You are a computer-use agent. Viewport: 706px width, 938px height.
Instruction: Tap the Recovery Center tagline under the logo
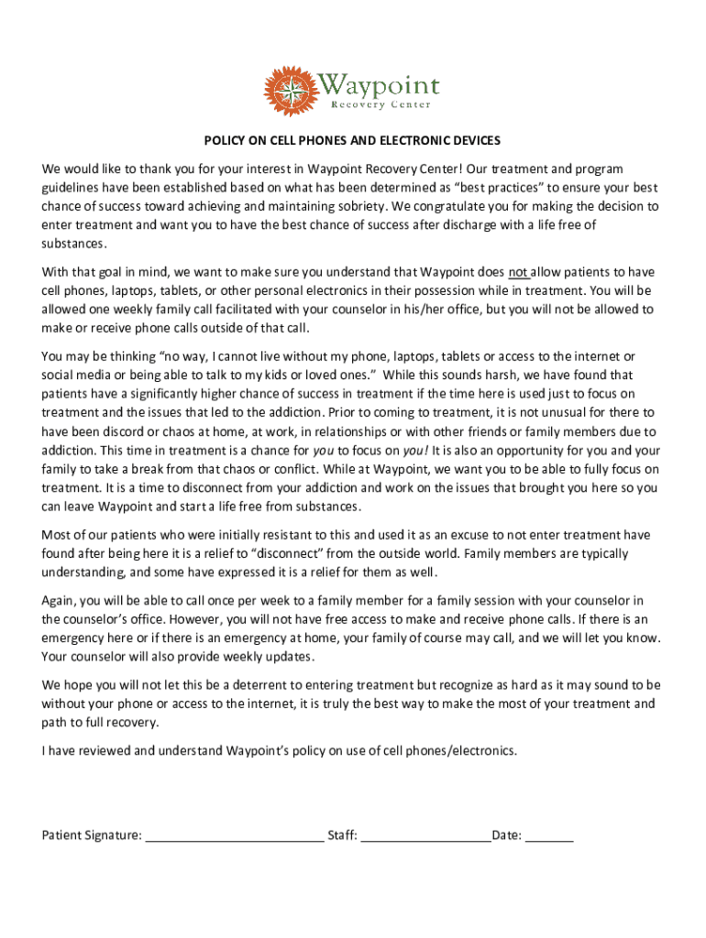tap(381, 105)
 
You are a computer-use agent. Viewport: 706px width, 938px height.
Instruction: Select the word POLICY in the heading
tap(225, 141)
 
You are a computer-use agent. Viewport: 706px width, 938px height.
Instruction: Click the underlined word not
tap(519, 272)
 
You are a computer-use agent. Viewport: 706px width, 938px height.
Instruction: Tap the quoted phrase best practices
tap(496, 188)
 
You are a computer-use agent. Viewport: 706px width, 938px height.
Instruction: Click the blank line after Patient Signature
tap(235, 836)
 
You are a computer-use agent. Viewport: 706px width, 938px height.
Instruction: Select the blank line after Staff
tap(425, 836)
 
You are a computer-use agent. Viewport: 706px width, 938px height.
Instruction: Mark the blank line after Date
tap(549, 836)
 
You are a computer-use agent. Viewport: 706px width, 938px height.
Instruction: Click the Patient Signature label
tap(92, 835)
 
